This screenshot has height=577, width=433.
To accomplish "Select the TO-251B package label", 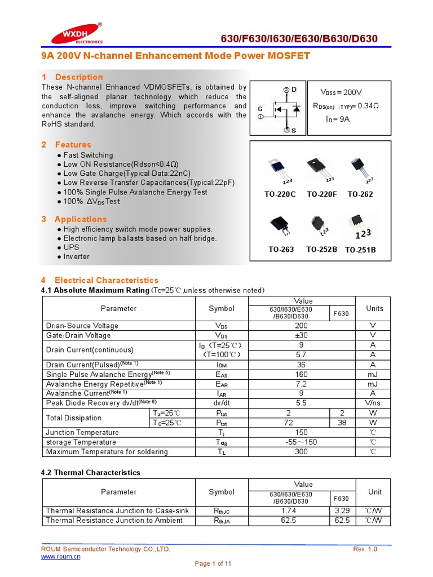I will point(360,250).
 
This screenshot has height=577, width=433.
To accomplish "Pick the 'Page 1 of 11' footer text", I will point(213,563).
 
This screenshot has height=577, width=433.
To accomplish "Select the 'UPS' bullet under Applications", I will point(72,247).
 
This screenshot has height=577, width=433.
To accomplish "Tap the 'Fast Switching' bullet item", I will point(88,155).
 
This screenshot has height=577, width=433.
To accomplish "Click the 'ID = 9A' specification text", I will point(338,119).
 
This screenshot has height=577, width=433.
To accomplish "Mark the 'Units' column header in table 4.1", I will point(374,308).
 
